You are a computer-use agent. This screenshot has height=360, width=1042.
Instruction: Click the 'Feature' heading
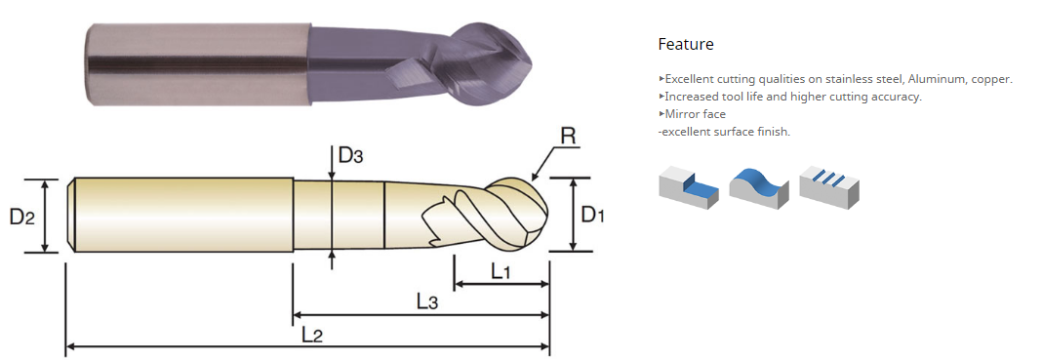pyautogui.click(x=686, y=44)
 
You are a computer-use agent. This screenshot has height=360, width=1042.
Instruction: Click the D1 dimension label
pyautogui.click(x=593, y=215)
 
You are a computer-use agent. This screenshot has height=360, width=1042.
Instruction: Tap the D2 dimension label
pyautogui.click(x=21, y=216)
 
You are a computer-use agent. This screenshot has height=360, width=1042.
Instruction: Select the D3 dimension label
pyautogui.click(x=351, y=155)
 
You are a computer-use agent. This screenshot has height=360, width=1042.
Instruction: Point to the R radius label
pyautogui.click(x=568, y=137)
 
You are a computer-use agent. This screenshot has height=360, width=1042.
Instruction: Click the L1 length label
pyautogui.click(x=501, y=271)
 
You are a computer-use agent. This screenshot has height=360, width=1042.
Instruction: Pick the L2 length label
pyautogui.click(x=311, y=335)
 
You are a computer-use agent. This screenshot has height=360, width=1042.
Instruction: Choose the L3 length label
pyautogui.click(x=427, y=301)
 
